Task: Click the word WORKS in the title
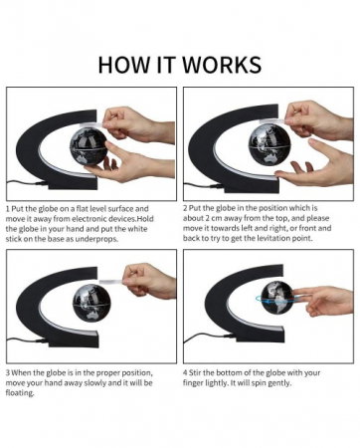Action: coord(222,65)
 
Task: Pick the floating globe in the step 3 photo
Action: coord(91,303)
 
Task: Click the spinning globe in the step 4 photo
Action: coord(276,298)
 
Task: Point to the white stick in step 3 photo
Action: coord(110,282)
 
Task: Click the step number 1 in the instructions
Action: coord(8,209)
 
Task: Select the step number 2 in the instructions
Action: coord(185,208)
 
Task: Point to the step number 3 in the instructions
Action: coord(8,373)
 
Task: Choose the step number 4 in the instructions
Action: coord(185,373)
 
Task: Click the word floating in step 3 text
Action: coord(20,393)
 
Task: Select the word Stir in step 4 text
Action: coord(196,373)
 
